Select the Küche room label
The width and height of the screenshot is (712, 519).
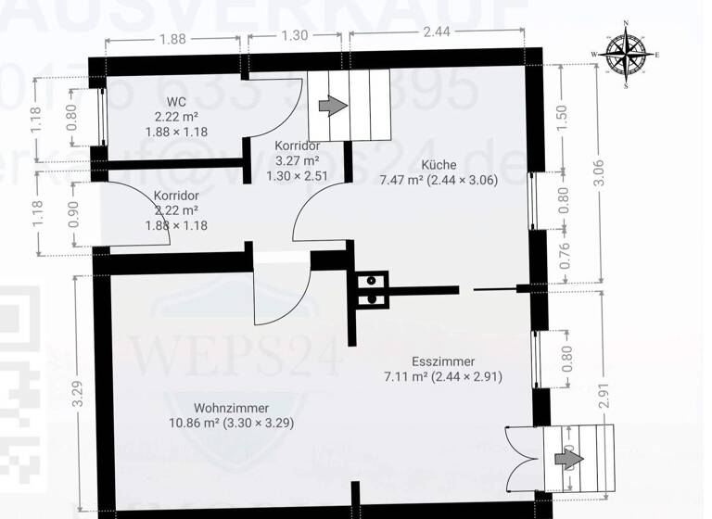438,165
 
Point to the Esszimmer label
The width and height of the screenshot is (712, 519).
443,361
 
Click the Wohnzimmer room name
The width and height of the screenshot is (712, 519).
231,408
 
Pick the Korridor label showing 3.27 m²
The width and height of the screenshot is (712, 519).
298,146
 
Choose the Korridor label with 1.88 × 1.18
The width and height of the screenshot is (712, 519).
175,196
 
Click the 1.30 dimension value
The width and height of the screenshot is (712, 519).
294,37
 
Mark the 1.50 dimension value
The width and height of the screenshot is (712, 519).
562,118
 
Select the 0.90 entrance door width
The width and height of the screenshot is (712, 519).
74,214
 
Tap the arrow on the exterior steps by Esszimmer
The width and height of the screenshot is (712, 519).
566,459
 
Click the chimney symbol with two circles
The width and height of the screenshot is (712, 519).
371,288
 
